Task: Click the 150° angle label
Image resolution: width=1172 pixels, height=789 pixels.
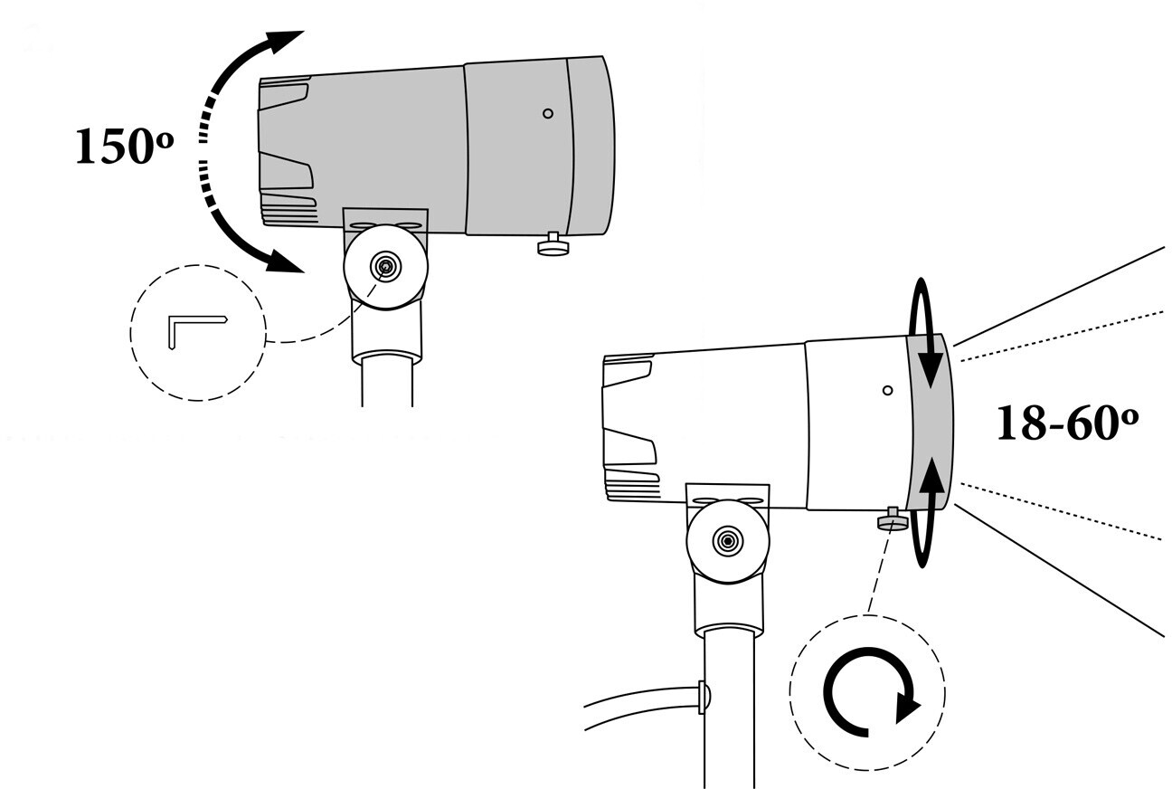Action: [x=125, y=146]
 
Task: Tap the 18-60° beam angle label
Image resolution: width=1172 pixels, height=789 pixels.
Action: [x=1067, y=423]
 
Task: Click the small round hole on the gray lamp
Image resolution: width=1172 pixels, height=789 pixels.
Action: [x=548, y=113]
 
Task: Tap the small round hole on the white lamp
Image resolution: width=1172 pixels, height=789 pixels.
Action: [x=887, y=390]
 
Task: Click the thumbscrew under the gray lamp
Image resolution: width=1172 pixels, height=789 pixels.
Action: [x=554, y=244]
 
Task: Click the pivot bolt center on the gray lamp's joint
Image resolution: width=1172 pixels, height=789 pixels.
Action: [x=385, y=267]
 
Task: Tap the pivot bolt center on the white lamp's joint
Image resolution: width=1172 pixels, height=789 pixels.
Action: [x=728, y=540]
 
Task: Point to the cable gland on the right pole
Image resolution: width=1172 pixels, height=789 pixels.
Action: [x=704, y=697]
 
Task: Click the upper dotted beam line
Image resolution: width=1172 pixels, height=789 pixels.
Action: [x=1062, y=336]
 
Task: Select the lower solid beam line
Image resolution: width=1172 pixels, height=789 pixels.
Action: [x=1060, y=571]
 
